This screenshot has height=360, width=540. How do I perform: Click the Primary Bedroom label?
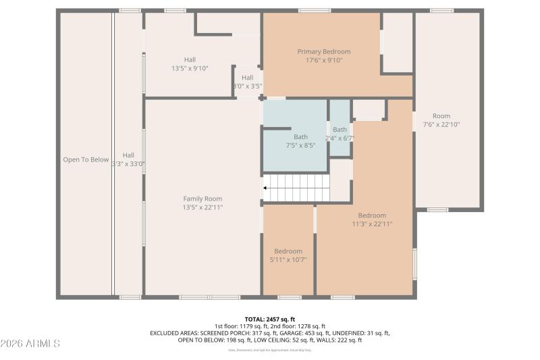(324, 51)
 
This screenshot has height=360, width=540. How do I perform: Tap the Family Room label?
(202, 199)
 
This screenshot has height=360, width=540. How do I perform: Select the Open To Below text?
(86, 160)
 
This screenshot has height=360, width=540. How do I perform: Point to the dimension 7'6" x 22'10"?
(441, 124)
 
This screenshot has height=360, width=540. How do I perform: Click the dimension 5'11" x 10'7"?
(288, 259)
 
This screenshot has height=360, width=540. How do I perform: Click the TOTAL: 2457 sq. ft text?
(269, 319)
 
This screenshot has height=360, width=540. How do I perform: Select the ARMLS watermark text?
(30, 344)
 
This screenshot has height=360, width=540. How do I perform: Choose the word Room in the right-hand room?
(441, 116)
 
